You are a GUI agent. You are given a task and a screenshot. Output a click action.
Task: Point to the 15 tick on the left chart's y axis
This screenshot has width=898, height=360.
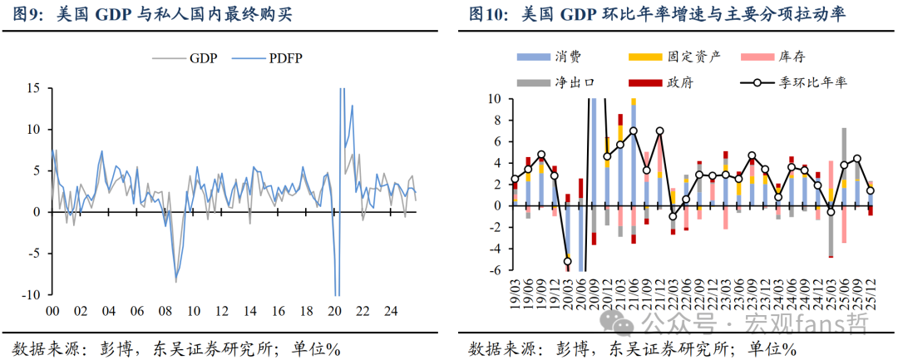[x=34, y=87]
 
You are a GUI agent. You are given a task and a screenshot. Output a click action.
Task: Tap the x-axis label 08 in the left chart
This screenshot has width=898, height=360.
[x=165, y=311]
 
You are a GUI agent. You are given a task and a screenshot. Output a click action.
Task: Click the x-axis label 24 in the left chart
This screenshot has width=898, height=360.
[x=391, y=311]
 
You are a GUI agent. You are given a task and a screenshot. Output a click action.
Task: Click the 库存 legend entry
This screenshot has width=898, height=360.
[x=792, y=56]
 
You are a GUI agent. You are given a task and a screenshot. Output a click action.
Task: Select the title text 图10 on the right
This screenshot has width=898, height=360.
[x=489, y=15]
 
